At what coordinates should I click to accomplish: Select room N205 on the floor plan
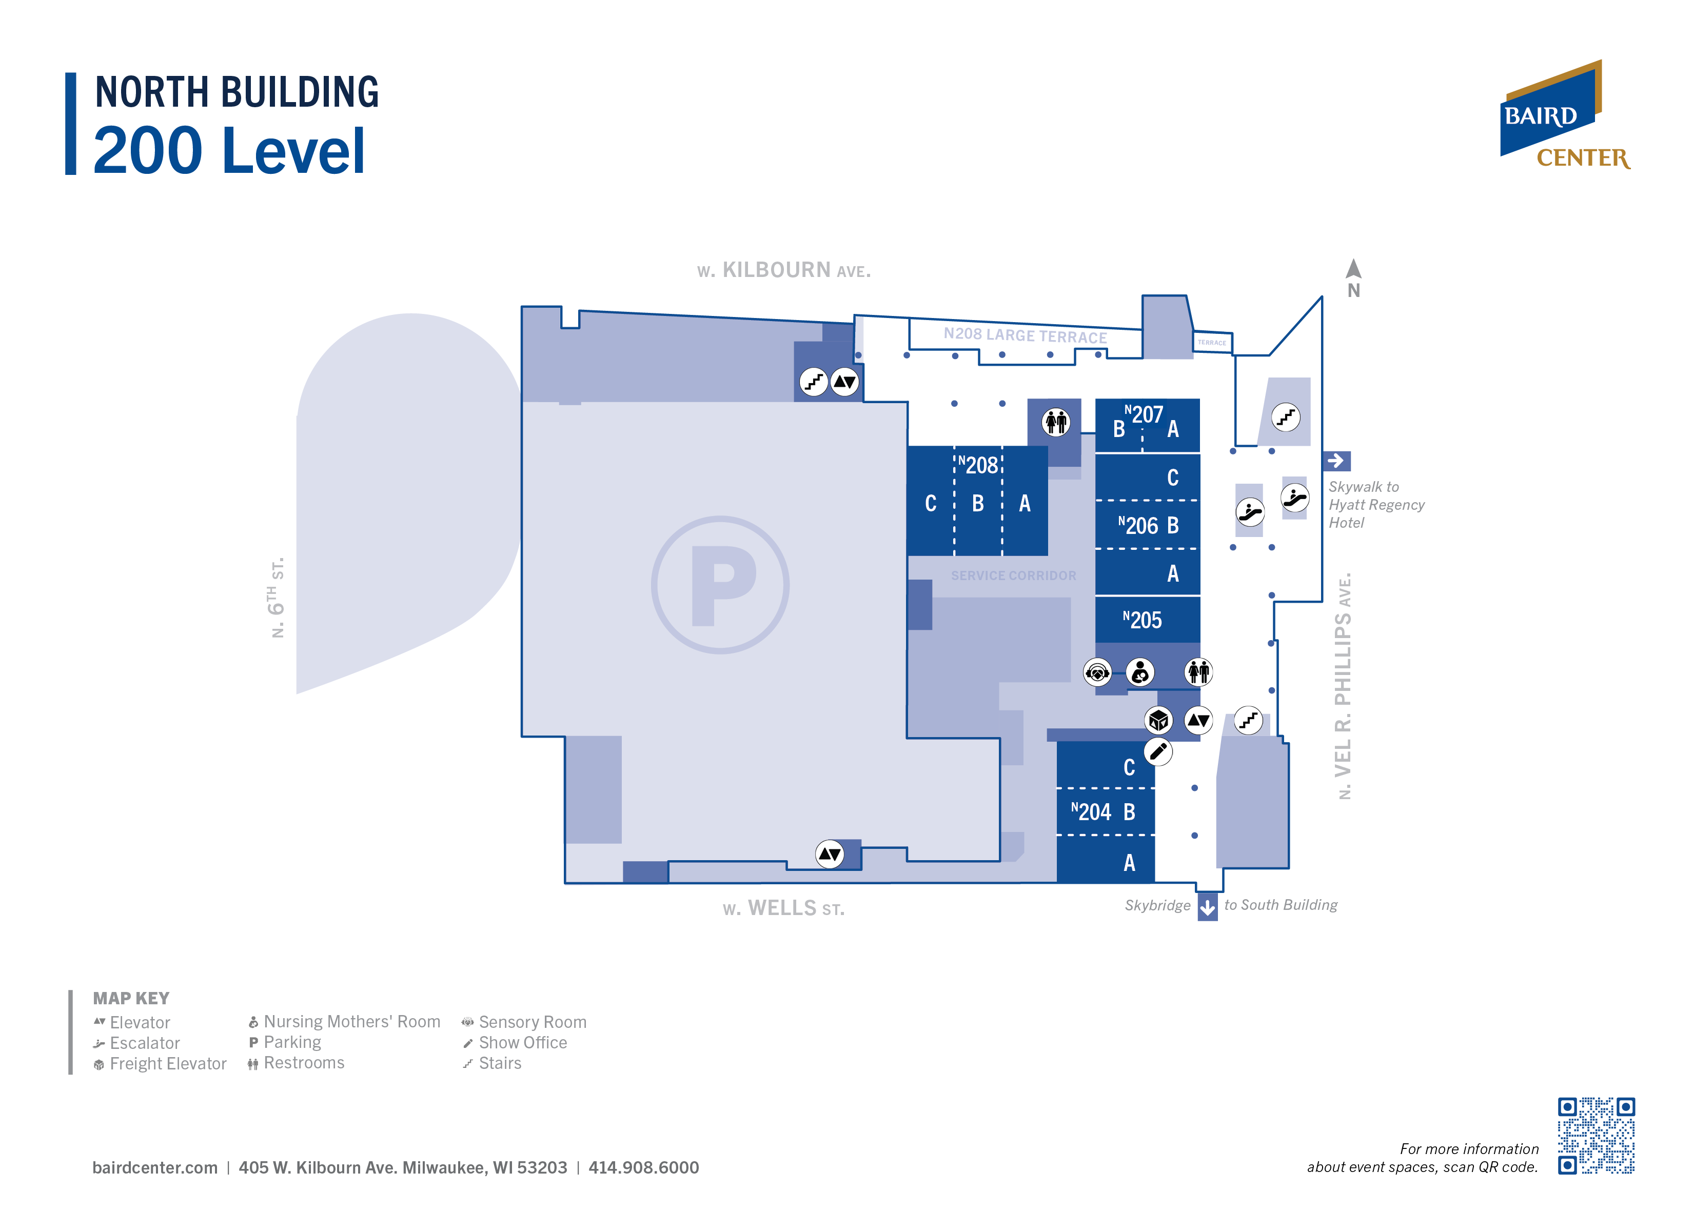point(1147,620)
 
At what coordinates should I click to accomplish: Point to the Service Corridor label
point(1013,575)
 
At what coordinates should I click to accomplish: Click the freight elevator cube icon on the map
point(1158,720)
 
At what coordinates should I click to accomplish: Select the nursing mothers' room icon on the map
point(1140,672)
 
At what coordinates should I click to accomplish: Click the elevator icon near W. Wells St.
point(830,854)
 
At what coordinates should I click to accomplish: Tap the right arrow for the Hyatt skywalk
point(1336,461)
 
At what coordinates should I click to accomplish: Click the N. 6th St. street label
point(277,597)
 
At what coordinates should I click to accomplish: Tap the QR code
point(1596,1136)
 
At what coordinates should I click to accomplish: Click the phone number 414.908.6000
point(643,1167)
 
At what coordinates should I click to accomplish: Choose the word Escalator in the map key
point(145,1043)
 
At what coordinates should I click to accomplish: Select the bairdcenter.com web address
point(155,1167)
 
